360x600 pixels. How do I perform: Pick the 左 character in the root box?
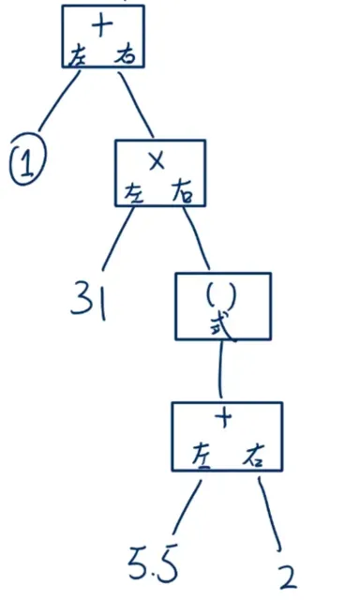[x=78, y=55]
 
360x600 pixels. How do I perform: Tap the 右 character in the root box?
[x=124, y=55]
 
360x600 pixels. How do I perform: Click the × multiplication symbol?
[x=157, y=160]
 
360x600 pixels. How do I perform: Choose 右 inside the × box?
[x=182, y=193]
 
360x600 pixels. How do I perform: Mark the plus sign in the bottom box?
[x=224, y=418]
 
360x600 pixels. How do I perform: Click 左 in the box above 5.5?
[x=200, y=453]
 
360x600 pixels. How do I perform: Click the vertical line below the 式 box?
[x=219, y=371]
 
